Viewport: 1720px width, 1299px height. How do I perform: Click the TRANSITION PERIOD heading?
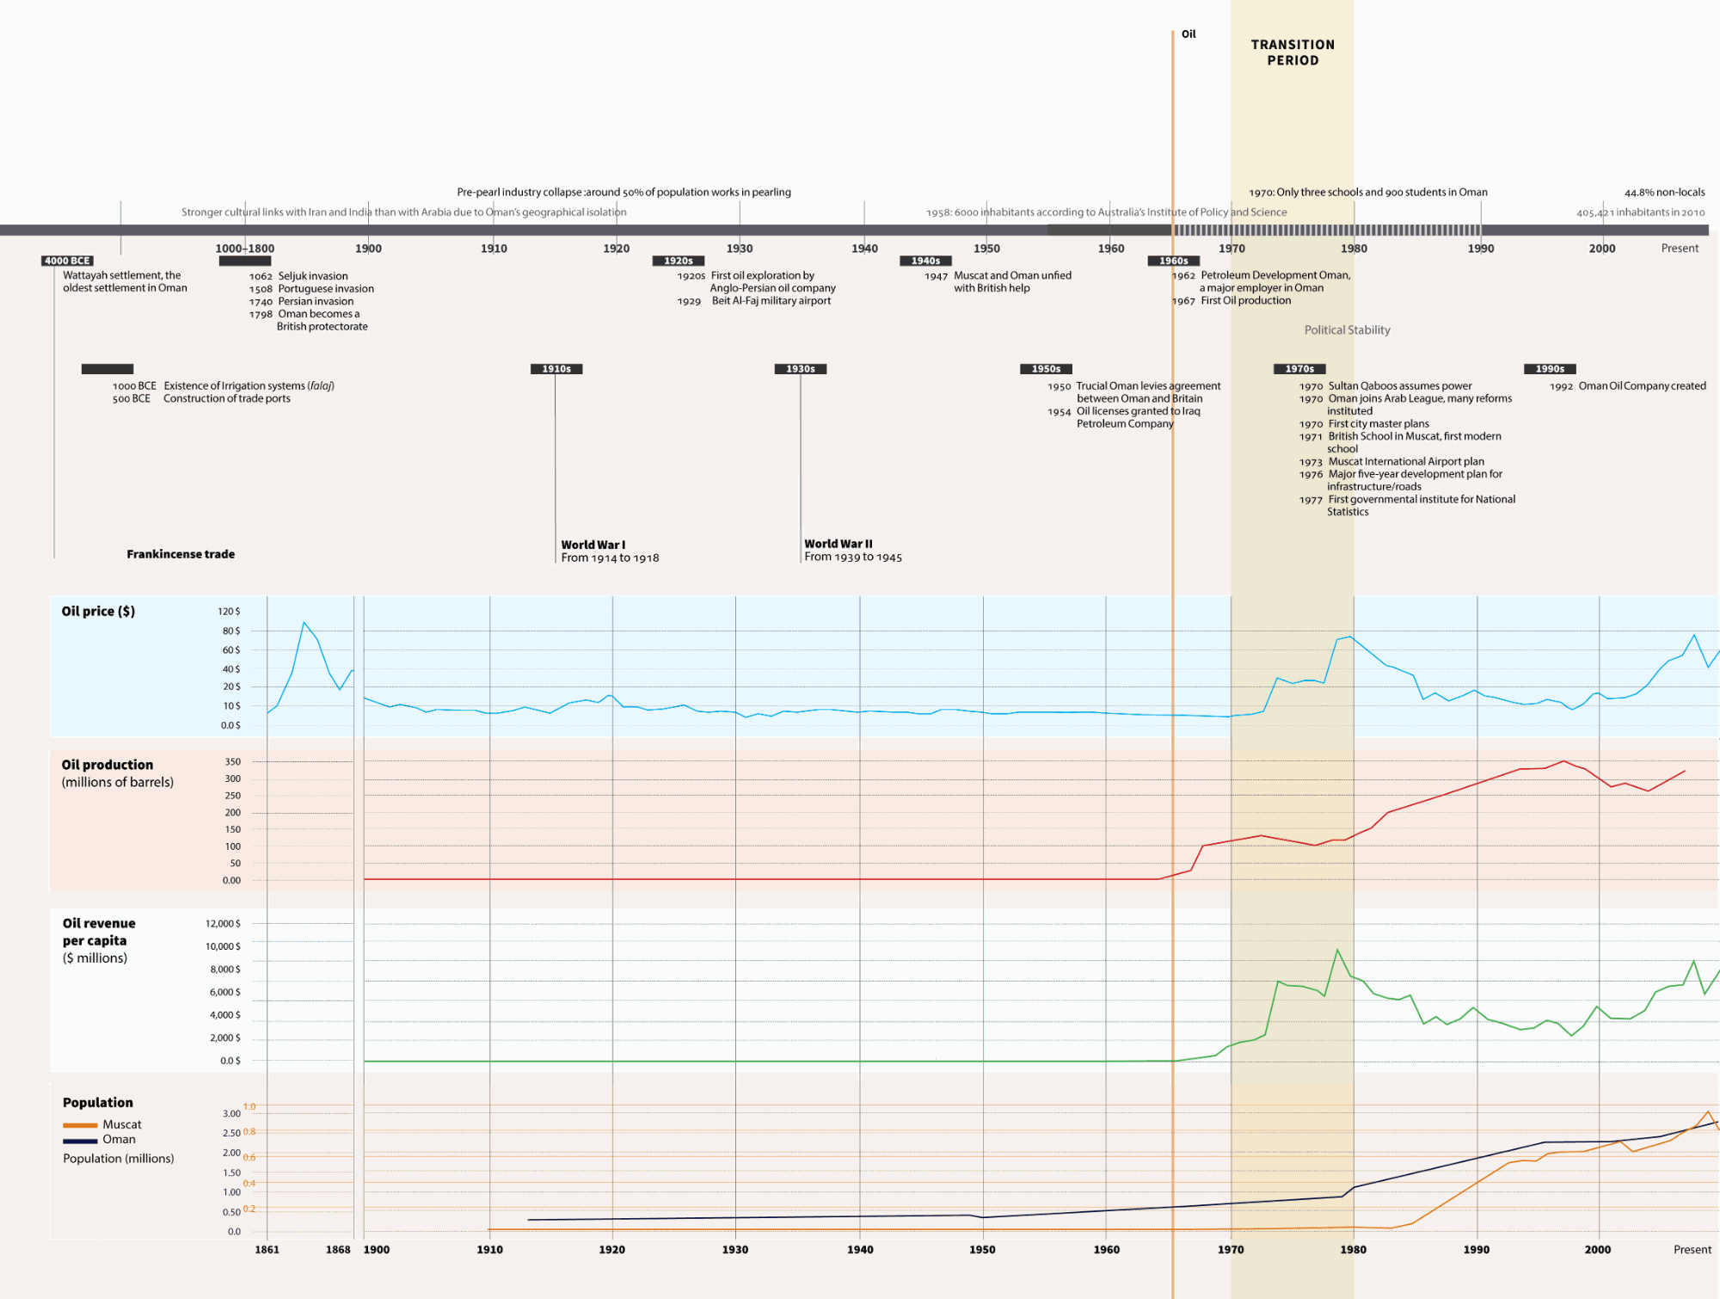coord(1293,52)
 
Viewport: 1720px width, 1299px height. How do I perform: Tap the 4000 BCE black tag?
coord(67,261)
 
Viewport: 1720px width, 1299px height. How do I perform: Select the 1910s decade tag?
coord(556,369)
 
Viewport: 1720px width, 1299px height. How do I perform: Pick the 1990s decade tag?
coord(1550,369)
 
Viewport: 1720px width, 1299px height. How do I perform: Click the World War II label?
coord(838,544)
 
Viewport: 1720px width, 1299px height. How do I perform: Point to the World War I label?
coord(593,545)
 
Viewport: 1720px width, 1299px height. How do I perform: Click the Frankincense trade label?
coord(181,554)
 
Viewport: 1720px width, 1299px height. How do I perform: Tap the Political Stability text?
coord(1347,330)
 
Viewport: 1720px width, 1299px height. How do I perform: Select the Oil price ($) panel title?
coord(98,611)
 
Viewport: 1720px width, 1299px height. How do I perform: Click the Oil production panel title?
coord(107,765)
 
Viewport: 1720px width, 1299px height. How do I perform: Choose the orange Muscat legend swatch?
coord(80,1125)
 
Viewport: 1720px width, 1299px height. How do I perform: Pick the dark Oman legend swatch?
coord(80,1141)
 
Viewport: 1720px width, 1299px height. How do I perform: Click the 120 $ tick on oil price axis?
coord(229,612)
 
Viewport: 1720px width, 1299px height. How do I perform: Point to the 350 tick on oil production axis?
coord(233,762)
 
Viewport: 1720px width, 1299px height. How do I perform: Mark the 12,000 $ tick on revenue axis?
coord(223,924)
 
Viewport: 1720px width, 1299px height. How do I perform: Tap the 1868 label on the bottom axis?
coord(338,1250)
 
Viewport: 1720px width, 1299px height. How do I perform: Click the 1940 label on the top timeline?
coord(864,249)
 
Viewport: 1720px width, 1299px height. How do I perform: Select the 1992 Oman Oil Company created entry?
coord(1627,386)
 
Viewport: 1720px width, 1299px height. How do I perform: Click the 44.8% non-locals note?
coord(1664,193)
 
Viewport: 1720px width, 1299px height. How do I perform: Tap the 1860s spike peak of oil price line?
coord(304,622)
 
